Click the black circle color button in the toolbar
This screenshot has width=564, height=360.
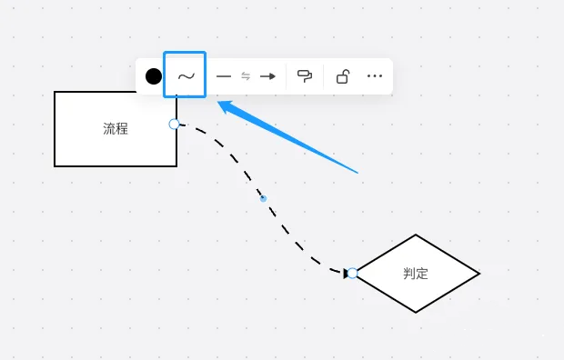pos(154,76)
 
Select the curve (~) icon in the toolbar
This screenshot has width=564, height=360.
pos(186,76)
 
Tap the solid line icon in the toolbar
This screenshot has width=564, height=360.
pos(224,76)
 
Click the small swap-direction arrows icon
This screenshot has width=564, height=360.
pos(246,76)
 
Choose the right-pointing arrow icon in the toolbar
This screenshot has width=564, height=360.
pos(267,76)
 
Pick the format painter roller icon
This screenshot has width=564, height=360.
pos(305,76)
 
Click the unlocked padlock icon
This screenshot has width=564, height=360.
pos(342,76)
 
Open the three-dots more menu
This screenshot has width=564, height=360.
pos(375,76)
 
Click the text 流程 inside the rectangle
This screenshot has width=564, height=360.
pos(116,129)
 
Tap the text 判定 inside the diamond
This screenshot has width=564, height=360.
pos(416,274)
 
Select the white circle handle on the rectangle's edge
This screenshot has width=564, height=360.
pos(175,124)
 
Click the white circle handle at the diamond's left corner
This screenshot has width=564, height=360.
pos(352,273)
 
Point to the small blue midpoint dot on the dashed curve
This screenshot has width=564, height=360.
pos(263,197)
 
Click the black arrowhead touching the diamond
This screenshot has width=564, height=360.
pos(346,273)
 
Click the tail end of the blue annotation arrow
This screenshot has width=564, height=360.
pos(359,172)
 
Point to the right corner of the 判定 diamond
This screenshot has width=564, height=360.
pos(478,273)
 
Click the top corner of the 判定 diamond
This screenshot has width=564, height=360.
pos(416,235)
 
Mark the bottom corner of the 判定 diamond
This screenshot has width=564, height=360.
pos(416,312)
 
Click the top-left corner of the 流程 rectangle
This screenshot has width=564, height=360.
pos(55,92)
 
